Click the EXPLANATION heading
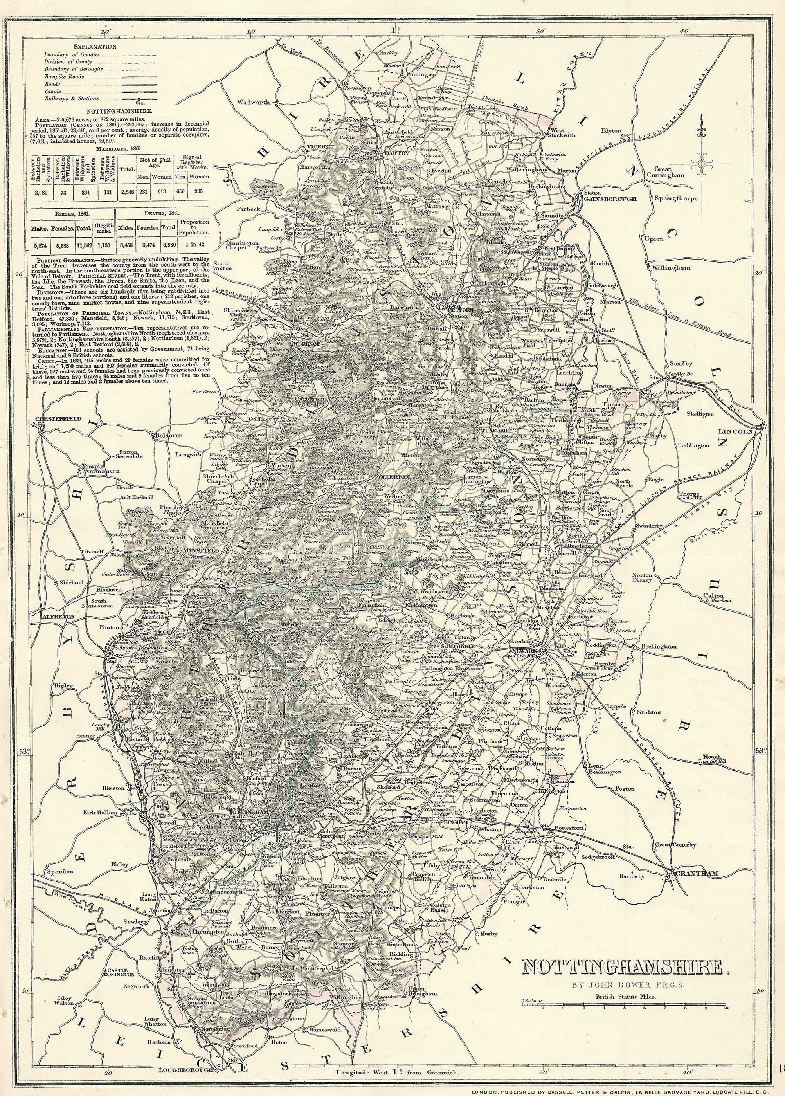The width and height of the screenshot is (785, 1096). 95,47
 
